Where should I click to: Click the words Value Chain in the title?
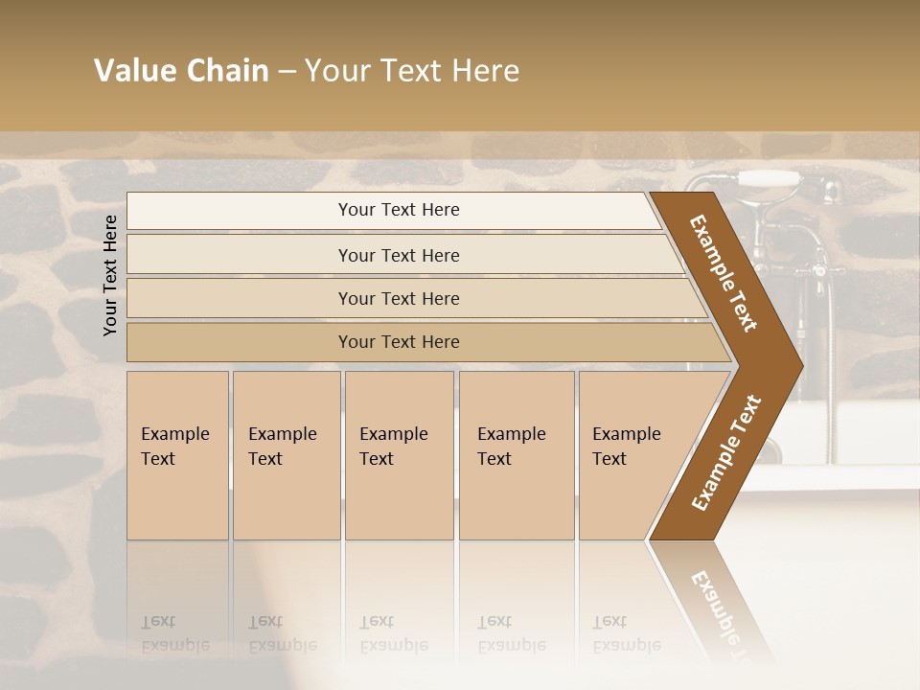pyautogui.click(x=181, y=71)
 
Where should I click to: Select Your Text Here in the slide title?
pyautogui.click(x=412, y=71)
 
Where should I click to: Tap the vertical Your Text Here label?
pyautogui.click(x=110, y=275)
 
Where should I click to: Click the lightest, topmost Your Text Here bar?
pyautogui.click(x=399, y=210)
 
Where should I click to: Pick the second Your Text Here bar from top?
pyautogui.click(x=399, y=255)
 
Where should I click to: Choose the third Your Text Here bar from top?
pyautogui.click(x=399, y=298)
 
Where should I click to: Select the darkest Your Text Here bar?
pyautogui.click(x=399, y=342)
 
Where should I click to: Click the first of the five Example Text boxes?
pyautogui.click(x=177, y=455)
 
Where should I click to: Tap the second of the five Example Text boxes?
pyautogui.click(x=286, y=455)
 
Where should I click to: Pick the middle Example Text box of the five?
pyautogui.click(x=399, y=455)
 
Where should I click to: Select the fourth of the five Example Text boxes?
pyautogui.click(x=516, y=455)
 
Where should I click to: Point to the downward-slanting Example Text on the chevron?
pyautogui.click(x=724, y=273)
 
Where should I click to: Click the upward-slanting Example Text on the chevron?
pyautogui.click(x=726, y=452)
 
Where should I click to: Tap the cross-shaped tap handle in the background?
pyautogui.click(x=820, y=272)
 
